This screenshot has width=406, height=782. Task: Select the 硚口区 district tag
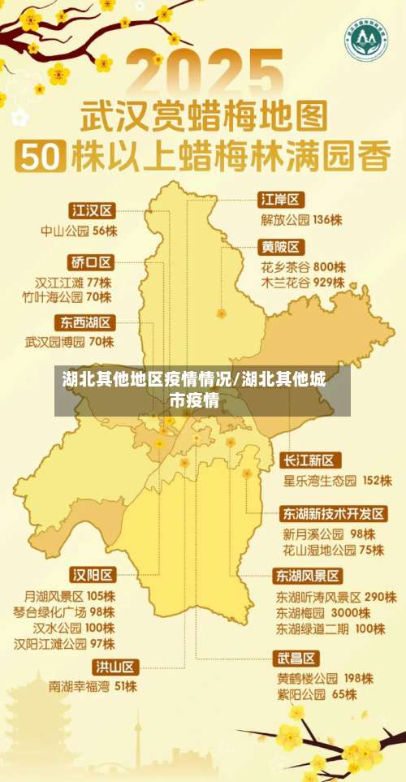[x=92, y=261]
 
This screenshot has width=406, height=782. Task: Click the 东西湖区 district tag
[x=86, y=322]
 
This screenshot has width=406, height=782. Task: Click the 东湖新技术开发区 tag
[x=334, y=513]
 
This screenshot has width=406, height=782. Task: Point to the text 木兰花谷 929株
[x=303, y=283]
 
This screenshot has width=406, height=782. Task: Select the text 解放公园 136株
[x=301, y=219]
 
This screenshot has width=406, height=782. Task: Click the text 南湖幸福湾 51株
[x=93, y=686]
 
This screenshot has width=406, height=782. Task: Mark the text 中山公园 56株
[x=79, y=231]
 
